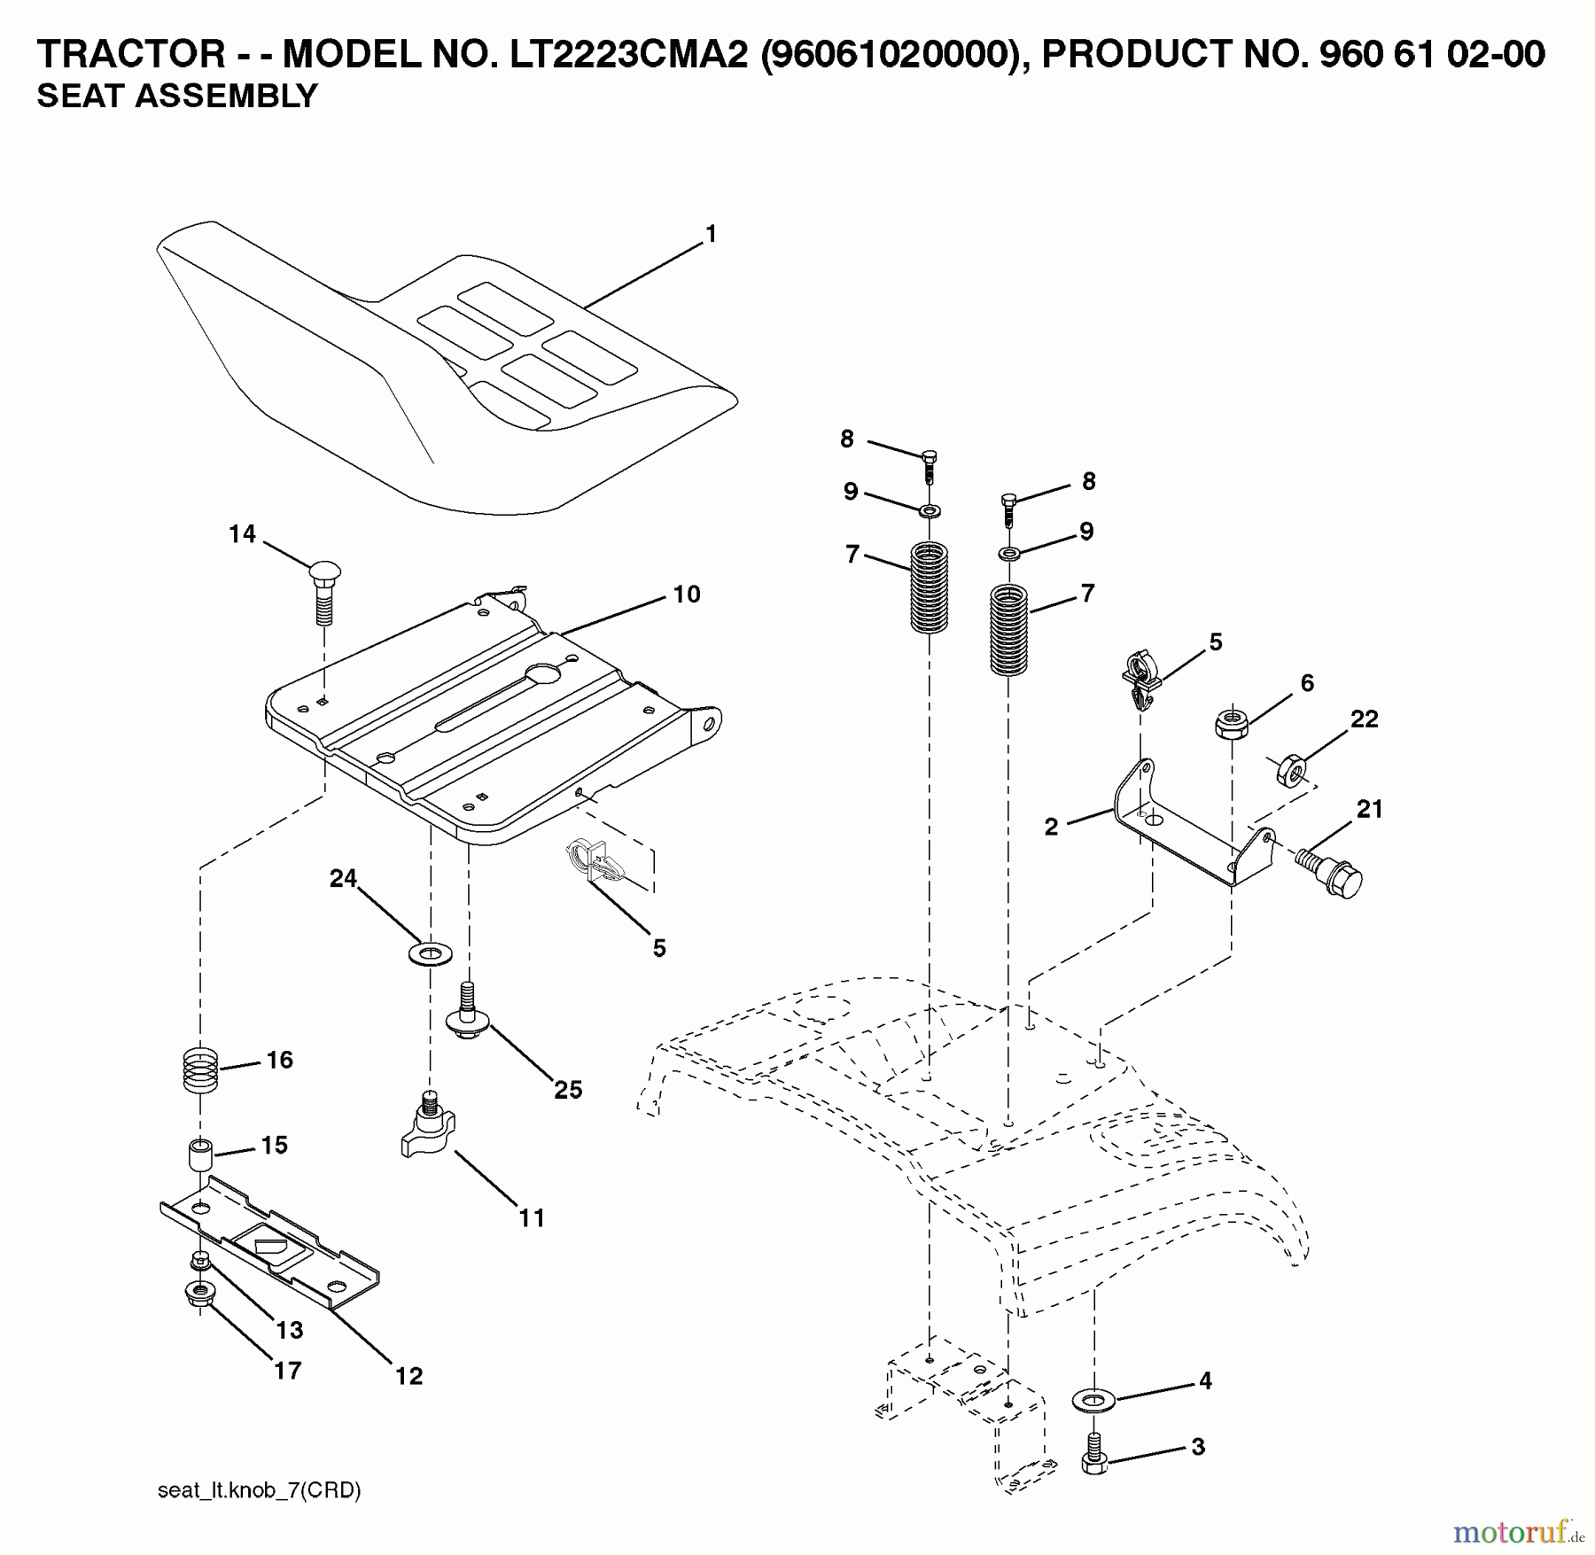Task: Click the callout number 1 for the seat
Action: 710,234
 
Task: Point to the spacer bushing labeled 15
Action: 200,1157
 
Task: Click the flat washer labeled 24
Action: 430,954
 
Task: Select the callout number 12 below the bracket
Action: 409,1376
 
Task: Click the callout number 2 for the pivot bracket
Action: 1052,828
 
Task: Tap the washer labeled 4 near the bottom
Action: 1094,1400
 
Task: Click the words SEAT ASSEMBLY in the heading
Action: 177,96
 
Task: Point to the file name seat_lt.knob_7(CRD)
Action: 259,1490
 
